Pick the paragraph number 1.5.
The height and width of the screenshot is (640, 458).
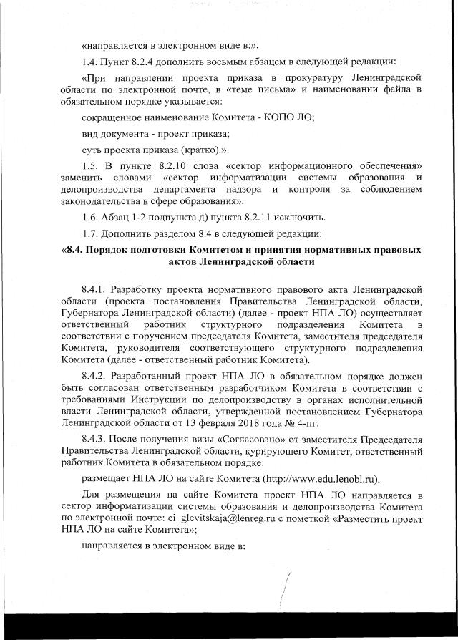[x=91, y=166]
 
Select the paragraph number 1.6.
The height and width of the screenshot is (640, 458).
[x=91, y=218]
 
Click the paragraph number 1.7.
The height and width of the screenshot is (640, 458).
[x=91, y=235]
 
